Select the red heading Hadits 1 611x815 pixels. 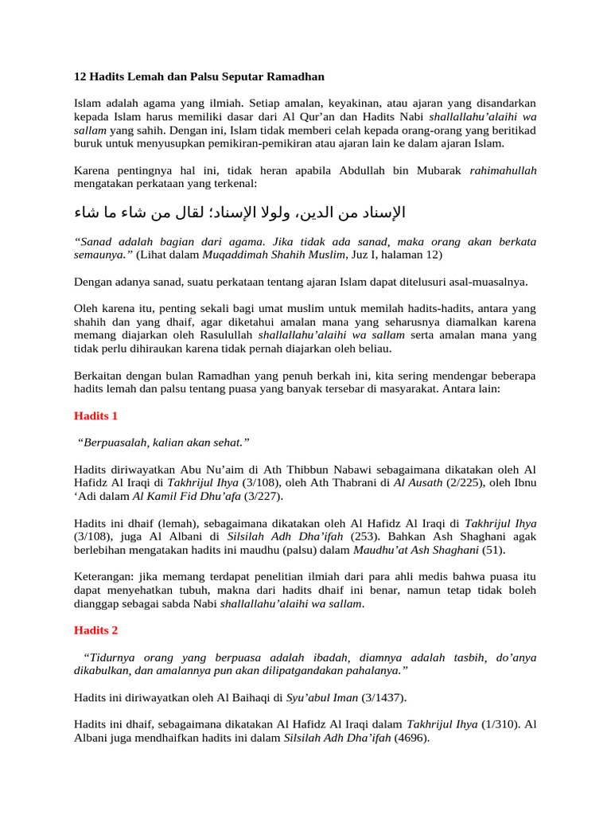(x=95, y=415)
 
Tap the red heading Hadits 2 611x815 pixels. (x=95, y=630)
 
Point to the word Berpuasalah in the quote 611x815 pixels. (x=114, y=442)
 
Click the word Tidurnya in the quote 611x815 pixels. (x=111, y=657)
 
